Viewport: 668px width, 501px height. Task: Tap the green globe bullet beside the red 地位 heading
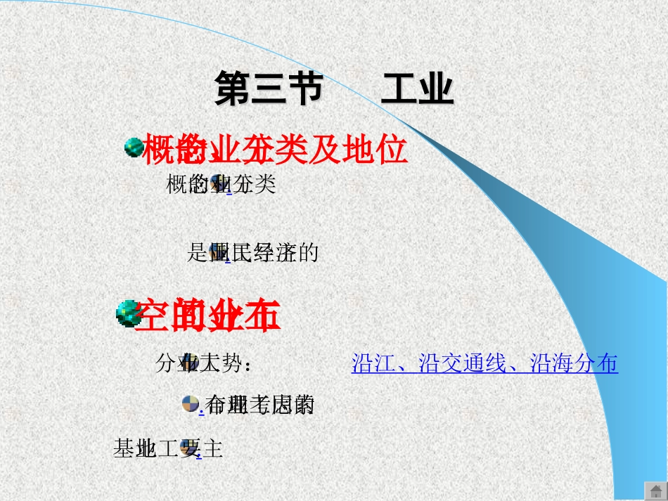pyautogui.click(x=134, y=148)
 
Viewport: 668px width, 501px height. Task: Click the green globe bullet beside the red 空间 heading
pyautogui.click(x=127, y=313)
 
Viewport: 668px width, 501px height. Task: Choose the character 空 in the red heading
pyautogui.click(x=151, y=315)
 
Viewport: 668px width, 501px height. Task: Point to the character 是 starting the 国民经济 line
pyautogui.click(x=196, y=252)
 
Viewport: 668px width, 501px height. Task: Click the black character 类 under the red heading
pyautogui.click(x=265, y=185)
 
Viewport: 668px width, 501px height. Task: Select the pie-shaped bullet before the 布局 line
pyautogui.click(x=190, y=403)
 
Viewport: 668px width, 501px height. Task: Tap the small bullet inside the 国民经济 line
pyautogui.click(x=218, y=251)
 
